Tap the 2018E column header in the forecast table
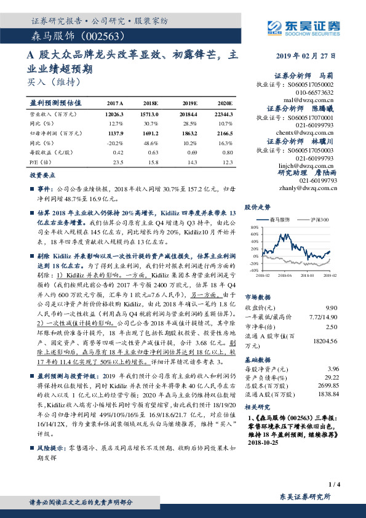coord(149,103)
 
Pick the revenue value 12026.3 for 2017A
coord(114,114)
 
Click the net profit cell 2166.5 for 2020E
coord(224,132)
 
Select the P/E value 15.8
coord(153,161)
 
